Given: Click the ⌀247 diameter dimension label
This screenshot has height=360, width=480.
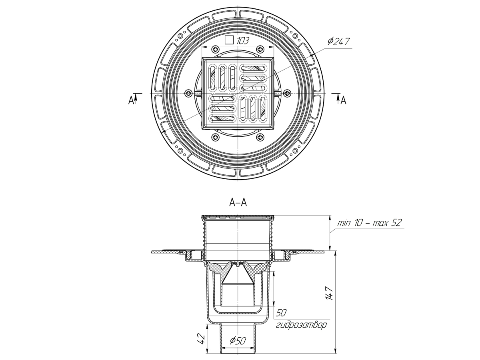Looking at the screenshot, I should click(338, 41).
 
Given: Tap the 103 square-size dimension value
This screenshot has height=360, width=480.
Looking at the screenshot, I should click(243, 40).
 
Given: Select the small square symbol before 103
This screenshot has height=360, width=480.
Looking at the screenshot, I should click(229, 40).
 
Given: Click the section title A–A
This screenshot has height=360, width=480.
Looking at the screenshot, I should click(238, 203).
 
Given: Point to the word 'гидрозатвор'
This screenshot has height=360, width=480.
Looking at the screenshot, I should click(301, 324).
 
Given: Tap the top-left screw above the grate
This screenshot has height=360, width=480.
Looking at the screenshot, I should click(216, 49).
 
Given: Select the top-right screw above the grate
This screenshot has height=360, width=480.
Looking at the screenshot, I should click(260, 49).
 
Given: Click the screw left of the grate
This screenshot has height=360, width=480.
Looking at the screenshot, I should click(188, 93).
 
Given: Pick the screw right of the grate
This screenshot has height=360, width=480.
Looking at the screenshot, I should click(286, 93).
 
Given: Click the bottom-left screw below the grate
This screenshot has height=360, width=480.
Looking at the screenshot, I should click(216, 137).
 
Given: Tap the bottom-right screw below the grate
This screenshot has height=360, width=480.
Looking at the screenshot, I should click(260, 137).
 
